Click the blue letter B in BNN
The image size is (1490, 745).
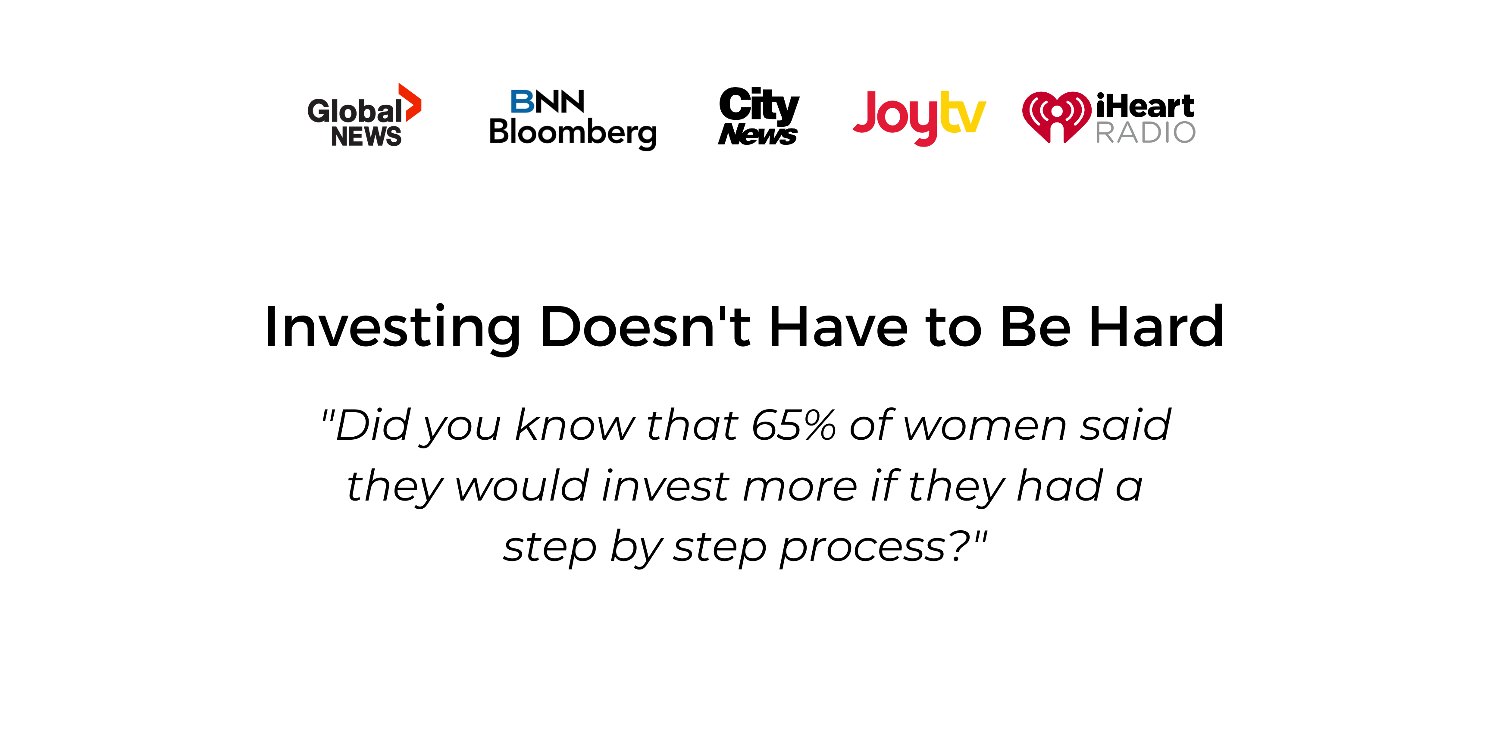coord(522,102)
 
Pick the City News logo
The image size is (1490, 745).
coord(758,116)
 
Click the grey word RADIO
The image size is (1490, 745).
coord(1145,132)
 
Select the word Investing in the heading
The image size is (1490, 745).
coord(393,327)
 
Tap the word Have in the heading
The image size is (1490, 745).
coord(838,327)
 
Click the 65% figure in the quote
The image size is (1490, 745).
coord(794,425)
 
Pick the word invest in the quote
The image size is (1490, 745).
coord(665,486)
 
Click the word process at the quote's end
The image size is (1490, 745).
coord(864,548)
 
